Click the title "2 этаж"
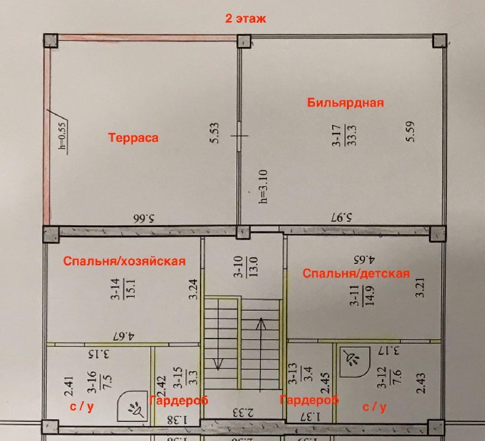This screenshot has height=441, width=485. coord(246,18)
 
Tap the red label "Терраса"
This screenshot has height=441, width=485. coord(133,137)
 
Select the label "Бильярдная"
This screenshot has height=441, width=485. coord(345,102)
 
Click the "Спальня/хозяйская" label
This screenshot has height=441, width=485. coord(125,261)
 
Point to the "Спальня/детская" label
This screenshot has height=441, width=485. coord(356,273)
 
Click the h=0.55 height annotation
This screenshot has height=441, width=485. coord(62,136)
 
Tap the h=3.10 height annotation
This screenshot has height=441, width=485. coord(263,187)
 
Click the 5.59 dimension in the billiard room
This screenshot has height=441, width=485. coord(410,132)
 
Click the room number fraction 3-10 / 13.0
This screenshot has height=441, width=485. coord(246,267)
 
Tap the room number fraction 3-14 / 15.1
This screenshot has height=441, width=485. coord(123,289)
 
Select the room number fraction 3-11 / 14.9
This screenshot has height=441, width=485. coord(362,296)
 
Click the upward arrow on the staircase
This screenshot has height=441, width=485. coord(261,353)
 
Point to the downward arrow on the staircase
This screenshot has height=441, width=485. coord(218,334)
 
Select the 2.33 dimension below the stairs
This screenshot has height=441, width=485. coord(243,413)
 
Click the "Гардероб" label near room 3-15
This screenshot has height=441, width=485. coord(178,400)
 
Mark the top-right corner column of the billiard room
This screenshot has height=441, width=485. coord(439,41)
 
